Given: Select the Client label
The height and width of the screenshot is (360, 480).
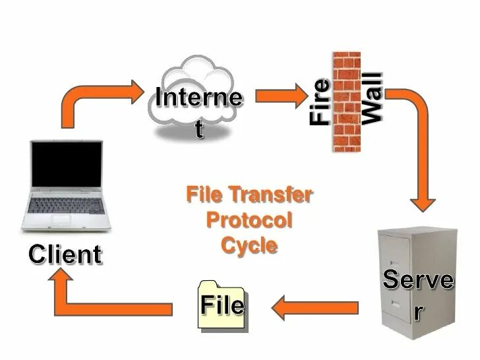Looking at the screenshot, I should (65, 254).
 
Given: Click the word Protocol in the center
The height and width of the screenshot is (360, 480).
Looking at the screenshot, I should (249, 220).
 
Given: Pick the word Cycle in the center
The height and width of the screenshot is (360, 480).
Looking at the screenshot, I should (249, 245).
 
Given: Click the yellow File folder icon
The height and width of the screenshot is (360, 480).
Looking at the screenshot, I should (222, 304).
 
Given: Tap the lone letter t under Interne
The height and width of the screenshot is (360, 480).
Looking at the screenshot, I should (199, 129).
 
